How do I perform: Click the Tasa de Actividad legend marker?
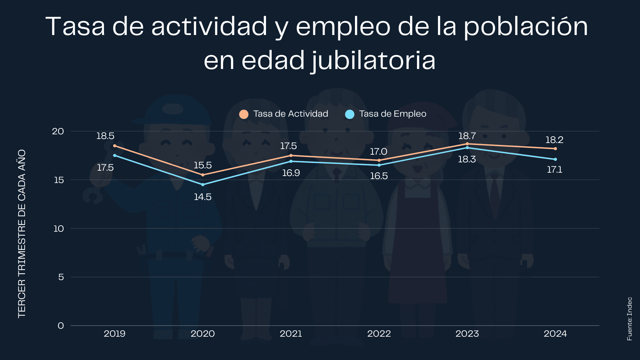[x=244, y=114]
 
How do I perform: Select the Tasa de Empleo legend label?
[x=392, y=114]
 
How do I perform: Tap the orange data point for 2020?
[x=203, y=175]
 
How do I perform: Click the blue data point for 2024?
[x=555, y=159]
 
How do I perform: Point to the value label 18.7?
[x=467, y=136]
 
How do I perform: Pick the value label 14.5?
[x=203, y=197]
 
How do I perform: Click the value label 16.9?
[x=291, y=173]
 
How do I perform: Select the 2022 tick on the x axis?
[x=379, y=334]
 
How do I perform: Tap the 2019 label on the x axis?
[x=114, y=334]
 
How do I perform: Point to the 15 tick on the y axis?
[x=58, y=180]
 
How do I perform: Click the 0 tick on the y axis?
[x=61, y=326]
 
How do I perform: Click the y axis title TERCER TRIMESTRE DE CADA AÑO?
[x=22, y=233]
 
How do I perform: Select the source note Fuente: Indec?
[x=629, y=319]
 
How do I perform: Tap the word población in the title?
[x=526, y=27]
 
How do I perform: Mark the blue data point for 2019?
[x=115, y=155]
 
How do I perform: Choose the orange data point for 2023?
[x=467, y=144]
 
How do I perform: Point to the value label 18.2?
[x=554, y=140]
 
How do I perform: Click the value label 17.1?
[x=554, y=170]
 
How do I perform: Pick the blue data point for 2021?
[x=291, y=161]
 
